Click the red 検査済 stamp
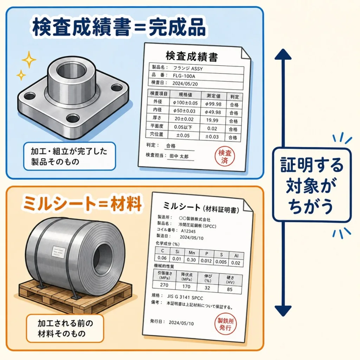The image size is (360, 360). pyautogui.click(x=225, y=156)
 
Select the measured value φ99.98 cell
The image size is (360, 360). pyautogui.click(x=213, y=104)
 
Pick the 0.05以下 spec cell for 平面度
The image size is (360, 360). pyautogui.click(x=183, y=127)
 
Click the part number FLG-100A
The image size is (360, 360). pyautogui.click(x=184, y=76)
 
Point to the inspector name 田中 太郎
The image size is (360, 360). pyautogui.click(x=179, y=156)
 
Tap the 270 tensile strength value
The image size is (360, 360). pyautogui.click(x=164, y=285)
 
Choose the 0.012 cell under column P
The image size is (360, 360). pyautogui.click(x=206, y=261)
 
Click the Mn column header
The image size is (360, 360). pyautogui.click(x=192, y=253)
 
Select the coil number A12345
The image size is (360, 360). pyautogui.click(x=188, y=231)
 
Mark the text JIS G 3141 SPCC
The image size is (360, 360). pyautogui.click(x=185, y=297)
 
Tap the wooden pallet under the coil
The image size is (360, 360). pyautogui.click(x=76, y=296)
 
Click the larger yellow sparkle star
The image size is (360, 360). pyautogui.click(x=29, y=60)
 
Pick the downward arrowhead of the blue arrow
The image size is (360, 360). pyautogui.click(x=283, y=311)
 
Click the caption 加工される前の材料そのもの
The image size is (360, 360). pyautogui.click(x=65, y=328)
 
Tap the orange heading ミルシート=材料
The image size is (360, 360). pyautogui.click(x=83, y=203)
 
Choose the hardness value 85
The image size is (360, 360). pyautogui.click(x=230, y=289)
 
